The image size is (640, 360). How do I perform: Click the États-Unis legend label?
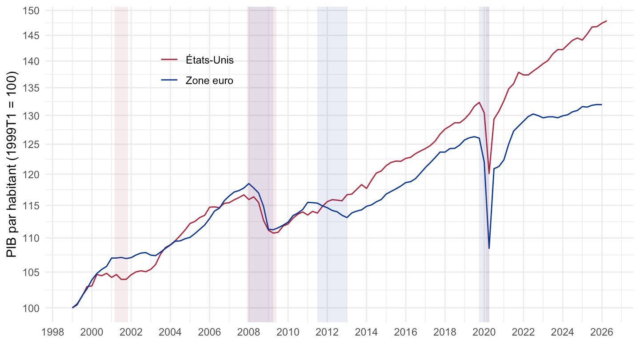click(x=209, y=60)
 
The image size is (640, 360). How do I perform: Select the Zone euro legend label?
click(x=209, y=80)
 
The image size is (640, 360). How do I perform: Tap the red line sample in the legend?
click(x=169, y=60)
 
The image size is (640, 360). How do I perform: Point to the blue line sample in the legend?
click(x=169, y=80)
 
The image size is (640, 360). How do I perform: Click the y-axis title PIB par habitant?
click(x=12, y=164)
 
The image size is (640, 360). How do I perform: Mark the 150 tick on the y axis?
click(x=31, y=11)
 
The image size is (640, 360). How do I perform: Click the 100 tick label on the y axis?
click(x=31, y=308)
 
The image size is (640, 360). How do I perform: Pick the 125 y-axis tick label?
click(x=31, y=145)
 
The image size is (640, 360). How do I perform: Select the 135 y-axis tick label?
click(x=31, y=88)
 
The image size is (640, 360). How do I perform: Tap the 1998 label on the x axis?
click(x=52, y=332)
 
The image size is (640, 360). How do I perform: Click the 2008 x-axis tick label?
click(x=248, y=332)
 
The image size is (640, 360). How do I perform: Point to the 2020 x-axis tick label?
click(x=484, y=332)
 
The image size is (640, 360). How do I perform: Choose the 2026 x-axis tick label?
click(x=602, y=332)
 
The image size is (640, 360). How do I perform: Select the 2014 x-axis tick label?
click(x=366, y=332)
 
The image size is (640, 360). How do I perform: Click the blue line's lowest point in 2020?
click(x=489, y=248)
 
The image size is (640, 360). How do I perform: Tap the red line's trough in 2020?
click(x=489, y=173)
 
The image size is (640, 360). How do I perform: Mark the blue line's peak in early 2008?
click(x=249, y=184)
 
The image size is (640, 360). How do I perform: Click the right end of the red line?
click(x=606, y=21)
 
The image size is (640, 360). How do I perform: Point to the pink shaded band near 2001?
click(x=121, y=164)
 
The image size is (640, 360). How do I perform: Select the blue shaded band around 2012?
click(x=332, y=164)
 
